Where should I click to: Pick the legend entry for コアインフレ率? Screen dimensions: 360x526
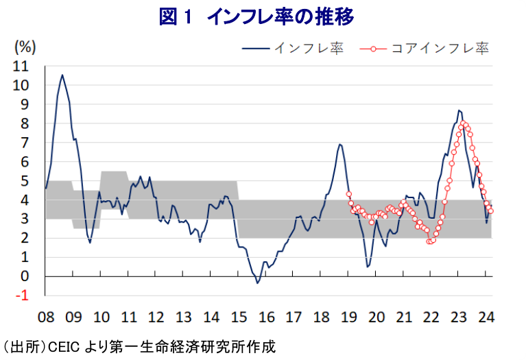pos(439,48)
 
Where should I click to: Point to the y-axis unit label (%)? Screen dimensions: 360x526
pos(25,47)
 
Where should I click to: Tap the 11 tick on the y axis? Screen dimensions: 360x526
pos(21,67)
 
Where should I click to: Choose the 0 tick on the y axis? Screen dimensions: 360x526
pos(25,276)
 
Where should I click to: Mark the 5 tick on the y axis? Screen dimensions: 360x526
pos(25,181)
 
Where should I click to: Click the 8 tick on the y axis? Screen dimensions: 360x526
pos(25,124)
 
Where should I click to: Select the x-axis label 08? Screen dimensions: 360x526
pos(46,317)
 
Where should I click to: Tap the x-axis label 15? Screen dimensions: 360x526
pos(239,317)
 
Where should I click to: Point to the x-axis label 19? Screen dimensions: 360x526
pos(348,317)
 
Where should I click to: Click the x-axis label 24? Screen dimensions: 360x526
pos(486,317)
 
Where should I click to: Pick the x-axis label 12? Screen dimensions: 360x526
pos(156,317)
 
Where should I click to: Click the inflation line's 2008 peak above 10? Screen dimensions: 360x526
pos(62,75)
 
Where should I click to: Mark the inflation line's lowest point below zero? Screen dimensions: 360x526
pos(257,283)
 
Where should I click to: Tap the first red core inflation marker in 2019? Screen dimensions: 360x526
pos(349,194)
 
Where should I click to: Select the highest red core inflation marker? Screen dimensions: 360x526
pos(464,123)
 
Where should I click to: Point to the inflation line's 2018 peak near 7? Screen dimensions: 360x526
pos(339,144)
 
